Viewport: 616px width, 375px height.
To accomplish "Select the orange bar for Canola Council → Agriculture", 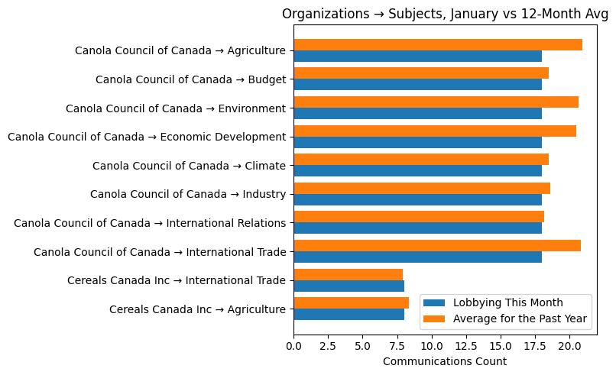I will (x=437, y=45).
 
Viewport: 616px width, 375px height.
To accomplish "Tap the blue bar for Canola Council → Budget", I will (x=417, y=85).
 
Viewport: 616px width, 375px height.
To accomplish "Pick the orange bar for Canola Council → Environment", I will (x=436, y=102).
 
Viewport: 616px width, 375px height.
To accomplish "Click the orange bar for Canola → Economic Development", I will (x=434, y=131).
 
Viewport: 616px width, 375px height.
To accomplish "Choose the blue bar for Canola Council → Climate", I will (x=417, y=171).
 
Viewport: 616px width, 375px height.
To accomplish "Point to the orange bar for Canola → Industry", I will (x=421, y=189).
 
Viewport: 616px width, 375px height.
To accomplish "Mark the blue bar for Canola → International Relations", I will (x=417, y=228).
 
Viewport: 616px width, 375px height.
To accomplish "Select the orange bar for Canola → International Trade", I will (x=436, y=246).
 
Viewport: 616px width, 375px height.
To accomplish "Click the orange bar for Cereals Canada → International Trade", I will (x=348, y=275).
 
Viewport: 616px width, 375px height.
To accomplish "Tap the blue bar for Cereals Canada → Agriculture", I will (x=349, y=315).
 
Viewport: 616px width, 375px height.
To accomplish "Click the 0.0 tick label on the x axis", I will (x=294, y=345).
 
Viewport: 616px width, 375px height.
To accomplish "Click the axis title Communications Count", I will (x=444, y=361).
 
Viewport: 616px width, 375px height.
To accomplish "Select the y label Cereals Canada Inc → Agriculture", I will (x=197, y=309).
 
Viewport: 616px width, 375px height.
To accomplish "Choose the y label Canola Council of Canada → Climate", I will (x=189, y=166).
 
